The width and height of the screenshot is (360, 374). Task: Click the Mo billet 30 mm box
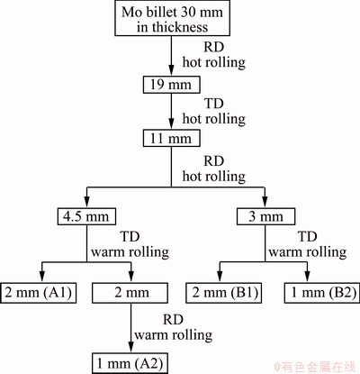(173, 19)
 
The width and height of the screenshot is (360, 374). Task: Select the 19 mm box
(171, 85)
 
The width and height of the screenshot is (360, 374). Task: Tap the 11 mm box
(171, 138)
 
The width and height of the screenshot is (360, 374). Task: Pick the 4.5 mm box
(86, 216)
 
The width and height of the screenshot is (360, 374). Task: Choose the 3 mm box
(265, 216)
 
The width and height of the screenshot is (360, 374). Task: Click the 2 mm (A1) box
(39, 293)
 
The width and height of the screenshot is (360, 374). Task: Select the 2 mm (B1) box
(223, 293)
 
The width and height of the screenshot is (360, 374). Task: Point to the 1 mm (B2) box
(322, 293)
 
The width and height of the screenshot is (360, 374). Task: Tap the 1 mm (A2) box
(130, 363)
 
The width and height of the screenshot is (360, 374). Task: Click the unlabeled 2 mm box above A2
(130, 293)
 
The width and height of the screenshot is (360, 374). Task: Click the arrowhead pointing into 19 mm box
(171, 70)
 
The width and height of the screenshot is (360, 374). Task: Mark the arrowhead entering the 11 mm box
(171, 124)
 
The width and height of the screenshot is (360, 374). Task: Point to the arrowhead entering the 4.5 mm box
(86, 203)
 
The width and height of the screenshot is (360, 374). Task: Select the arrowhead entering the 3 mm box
(265, 203)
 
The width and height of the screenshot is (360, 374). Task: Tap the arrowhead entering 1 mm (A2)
(130, 348)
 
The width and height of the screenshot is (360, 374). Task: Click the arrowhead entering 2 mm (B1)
(220, 278)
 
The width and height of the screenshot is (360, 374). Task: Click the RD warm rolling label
(174, 327)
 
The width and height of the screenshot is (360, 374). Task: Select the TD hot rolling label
(214, 111)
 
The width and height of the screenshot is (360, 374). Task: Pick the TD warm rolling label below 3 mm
(308, 244)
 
